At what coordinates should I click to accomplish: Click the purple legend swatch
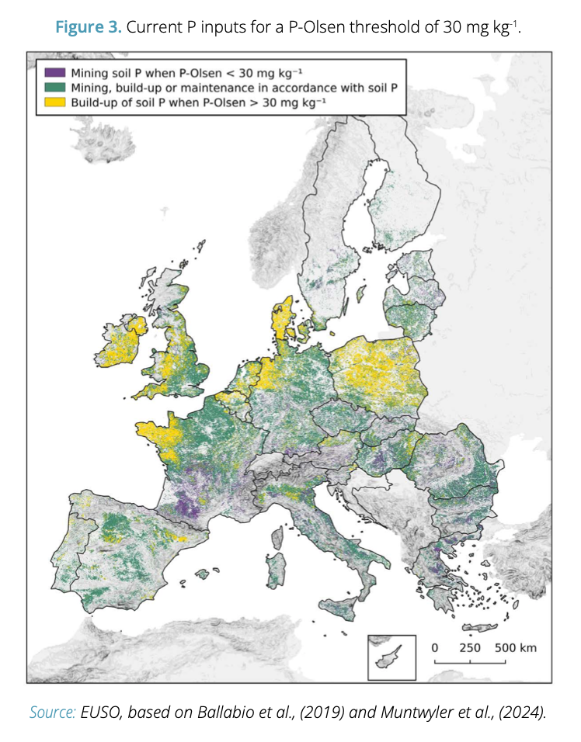click(53, 75)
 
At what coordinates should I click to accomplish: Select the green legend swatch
click(53, 88)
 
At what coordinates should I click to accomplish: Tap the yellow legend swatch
click(53, 102)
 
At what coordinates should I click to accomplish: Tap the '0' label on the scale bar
click(435, 647)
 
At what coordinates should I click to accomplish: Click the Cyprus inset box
click(388, 656)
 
